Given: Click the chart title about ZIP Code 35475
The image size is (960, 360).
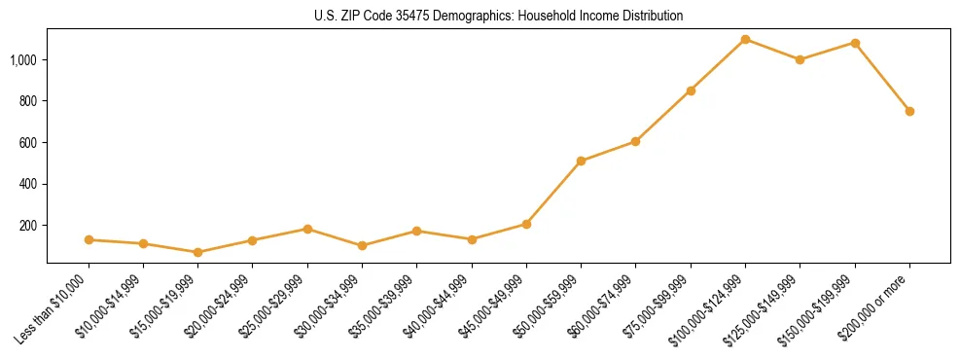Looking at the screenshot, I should (498, 17).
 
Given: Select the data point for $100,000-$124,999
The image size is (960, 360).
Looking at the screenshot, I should (745, 39).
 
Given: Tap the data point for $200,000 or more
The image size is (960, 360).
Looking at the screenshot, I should (909, 111).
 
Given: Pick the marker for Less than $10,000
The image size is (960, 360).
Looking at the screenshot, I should (89, 239).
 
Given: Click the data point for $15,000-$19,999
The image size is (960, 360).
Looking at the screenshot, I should (197, 252).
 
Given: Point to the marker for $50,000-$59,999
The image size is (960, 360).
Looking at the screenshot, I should (581, 161).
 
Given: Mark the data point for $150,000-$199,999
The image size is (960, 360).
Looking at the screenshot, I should (855, 43).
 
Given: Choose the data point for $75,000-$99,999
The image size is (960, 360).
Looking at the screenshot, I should (691, 90).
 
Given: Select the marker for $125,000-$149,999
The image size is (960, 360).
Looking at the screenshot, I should (800, 59).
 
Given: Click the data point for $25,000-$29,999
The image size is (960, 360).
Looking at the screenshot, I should (307, 229).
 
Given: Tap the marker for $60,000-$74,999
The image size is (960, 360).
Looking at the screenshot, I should (635, 141).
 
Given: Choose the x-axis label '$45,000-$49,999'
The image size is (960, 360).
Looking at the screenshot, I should (494, 307).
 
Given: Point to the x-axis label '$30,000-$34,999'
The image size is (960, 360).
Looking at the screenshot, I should (330, 307).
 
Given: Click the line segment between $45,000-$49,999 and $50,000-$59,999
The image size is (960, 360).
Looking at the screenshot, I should (553, 193).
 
